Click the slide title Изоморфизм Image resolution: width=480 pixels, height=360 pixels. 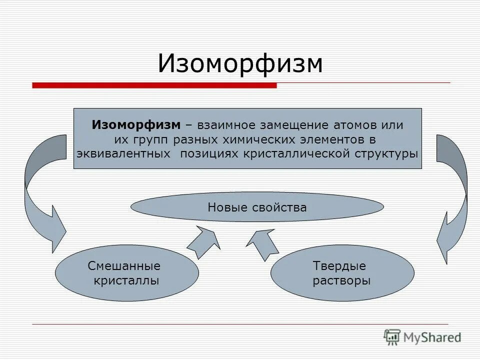(240, 63)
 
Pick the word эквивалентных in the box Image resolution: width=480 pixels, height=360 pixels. (123, 153)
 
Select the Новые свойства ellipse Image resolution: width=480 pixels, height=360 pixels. (257, 207)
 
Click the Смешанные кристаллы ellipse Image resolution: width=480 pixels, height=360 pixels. (127, 273)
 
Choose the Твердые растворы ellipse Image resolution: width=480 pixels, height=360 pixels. (342, 273)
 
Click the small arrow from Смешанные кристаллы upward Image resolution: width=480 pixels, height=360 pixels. (204, 242)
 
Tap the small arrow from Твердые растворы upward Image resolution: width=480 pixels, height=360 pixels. (261, 243)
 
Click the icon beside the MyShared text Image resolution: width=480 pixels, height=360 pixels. (392, 337)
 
